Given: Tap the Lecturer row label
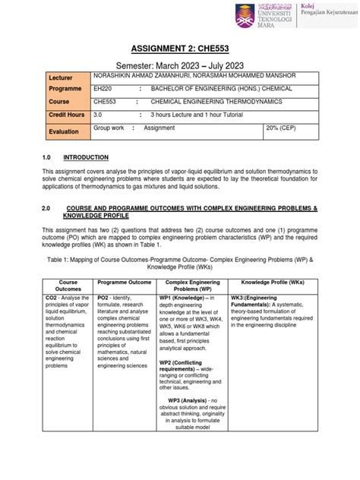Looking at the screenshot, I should pos(59,79).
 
